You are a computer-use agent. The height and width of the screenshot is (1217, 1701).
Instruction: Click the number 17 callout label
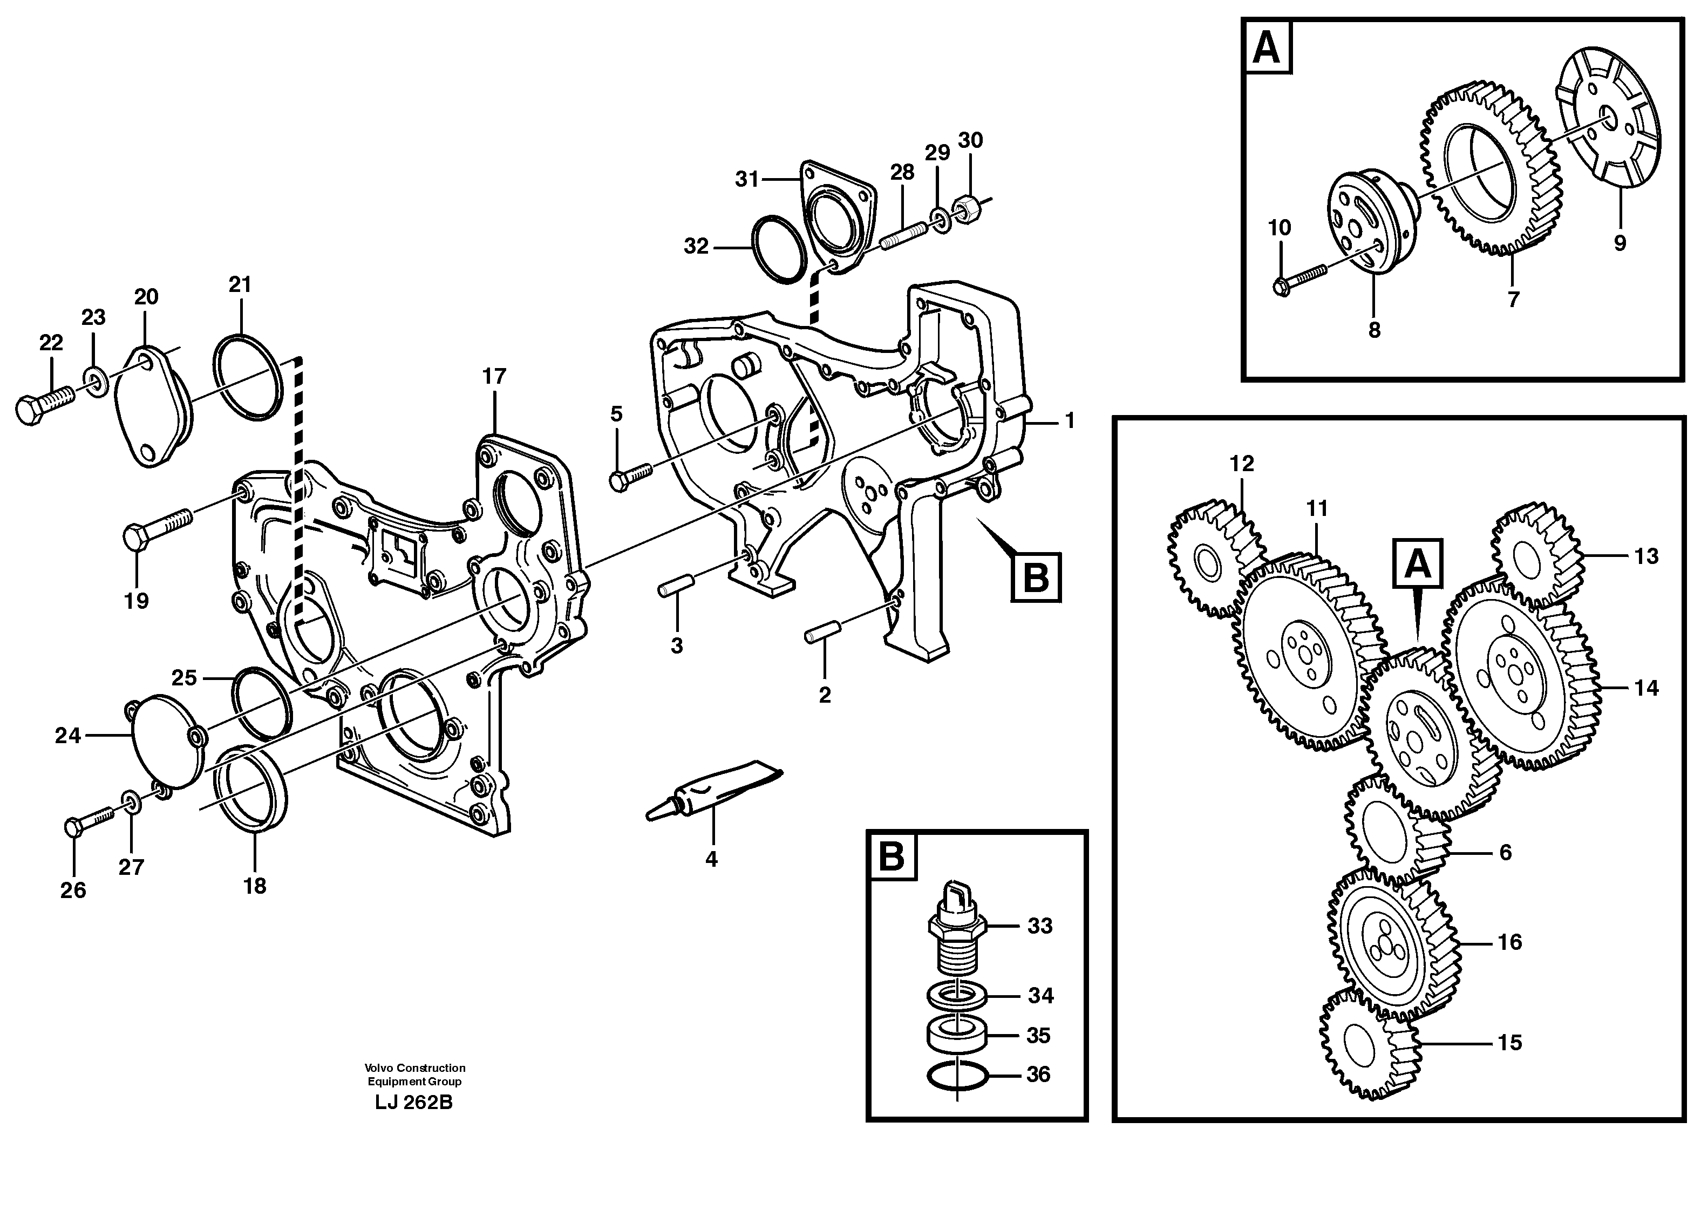tap(494, 376)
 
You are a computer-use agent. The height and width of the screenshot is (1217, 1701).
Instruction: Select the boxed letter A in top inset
tap(1267, 48)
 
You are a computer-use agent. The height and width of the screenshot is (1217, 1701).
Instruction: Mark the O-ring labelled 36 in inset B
tap(957, 1076)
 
